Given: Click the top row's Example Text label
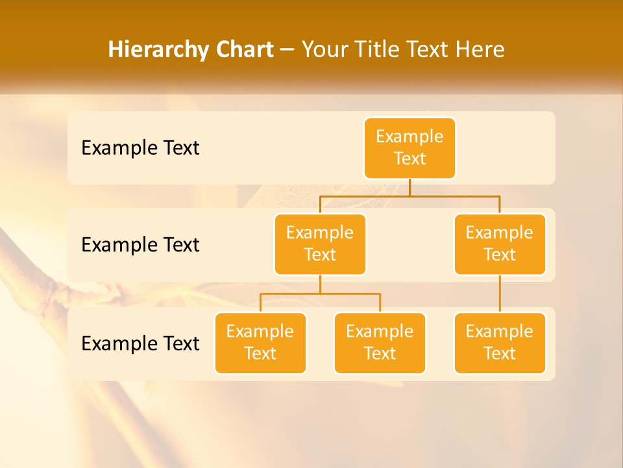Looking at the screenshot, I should point(140,148).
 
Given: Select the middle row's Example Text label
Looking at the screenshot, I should point(140,245).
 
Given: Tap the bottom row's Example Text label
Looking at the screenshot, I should point(140,343).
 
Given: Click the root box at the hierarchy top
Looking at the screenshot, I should point(409,148).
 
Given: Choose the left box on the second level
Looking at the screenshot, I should point(320,244).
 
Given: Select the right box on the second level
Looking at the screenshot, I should point(500,244).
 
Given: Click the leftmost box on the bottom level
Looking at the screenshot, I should point(260,343).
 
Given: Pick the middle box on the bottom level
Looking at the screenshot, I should point(380,343).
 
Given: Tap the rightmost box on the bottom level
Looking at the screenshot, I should point(500,343).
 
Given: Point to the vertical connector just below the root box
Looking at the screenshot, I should point(409,187).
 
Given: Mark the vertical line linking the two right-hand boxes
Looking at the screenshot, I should point(500,294).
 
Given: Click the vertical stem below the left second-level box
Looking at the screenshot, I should point(320,284).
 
